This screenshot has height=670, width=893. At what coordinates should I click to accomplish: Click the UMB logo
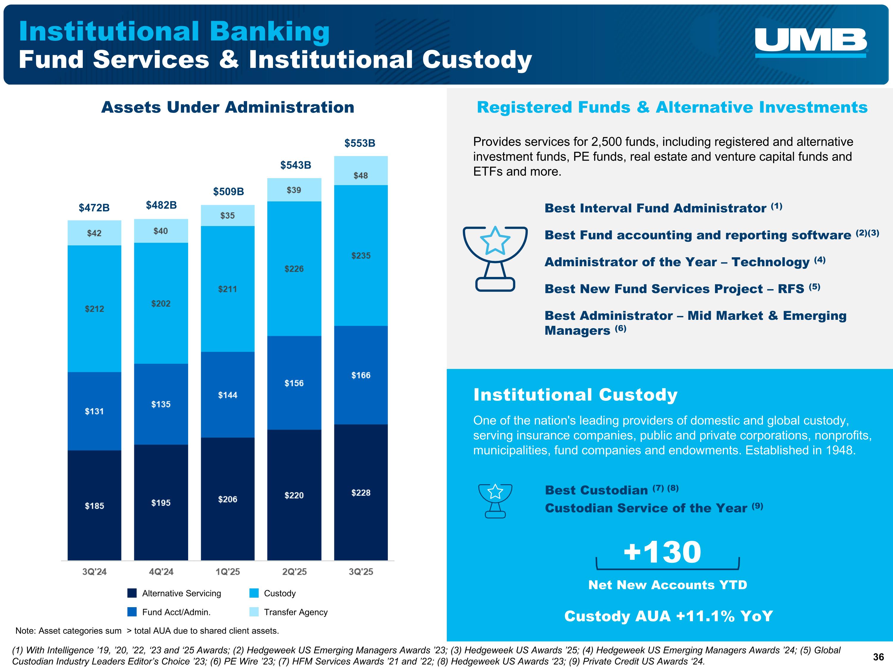point(811,42)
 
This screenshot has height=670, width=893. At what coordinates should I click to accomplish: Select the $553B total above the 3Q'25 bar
point(360,143)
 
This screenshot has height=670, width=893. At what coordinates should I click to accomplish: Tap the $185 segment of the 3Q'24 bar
point(94,506)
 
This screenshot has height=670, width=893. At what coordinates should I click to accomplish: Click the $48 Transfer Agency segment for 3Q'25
point(360,175)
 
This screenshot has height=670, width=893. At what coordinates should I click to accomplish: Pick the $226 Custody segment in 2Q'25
point(294,269)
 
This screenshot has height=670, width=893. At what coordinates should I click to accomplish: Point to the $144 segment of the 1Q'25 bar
point(228,395)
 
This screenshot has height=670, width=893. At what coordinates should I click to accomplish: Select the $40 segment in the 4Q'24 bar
point(161,231)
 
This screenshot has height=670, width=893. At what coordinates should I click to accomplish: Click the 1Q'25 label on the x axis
point(228,571)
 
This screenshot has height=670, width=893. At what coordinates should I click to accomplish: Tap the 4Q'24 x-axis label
point(161,571)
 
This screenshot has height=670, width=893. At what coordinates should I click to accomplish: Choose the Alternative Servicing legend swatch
point(132,593)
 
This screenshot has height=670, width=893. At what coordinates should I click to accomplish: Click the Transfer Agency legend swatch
point(254,612)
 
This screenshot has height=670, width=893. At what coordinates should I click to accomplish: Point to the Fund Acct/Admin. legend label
point(177,612)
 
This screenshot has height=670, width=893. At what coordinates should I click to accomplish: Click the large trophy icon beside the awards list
point(495,258)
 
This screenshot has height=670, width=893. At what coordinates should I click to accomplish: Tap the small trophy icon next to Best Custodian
point(495,501)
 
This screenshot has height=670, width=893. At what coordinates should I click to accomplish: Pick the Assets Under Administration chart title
point(228,107)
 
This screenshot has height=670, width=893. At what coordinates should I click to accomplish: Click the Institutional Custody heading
point(575,395)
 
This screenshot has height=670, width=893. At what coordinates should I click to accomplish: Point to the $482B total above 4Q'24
point(161,205)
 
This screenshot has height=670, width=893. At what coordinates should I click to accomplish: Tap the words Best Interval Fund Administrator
point(655,208)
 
